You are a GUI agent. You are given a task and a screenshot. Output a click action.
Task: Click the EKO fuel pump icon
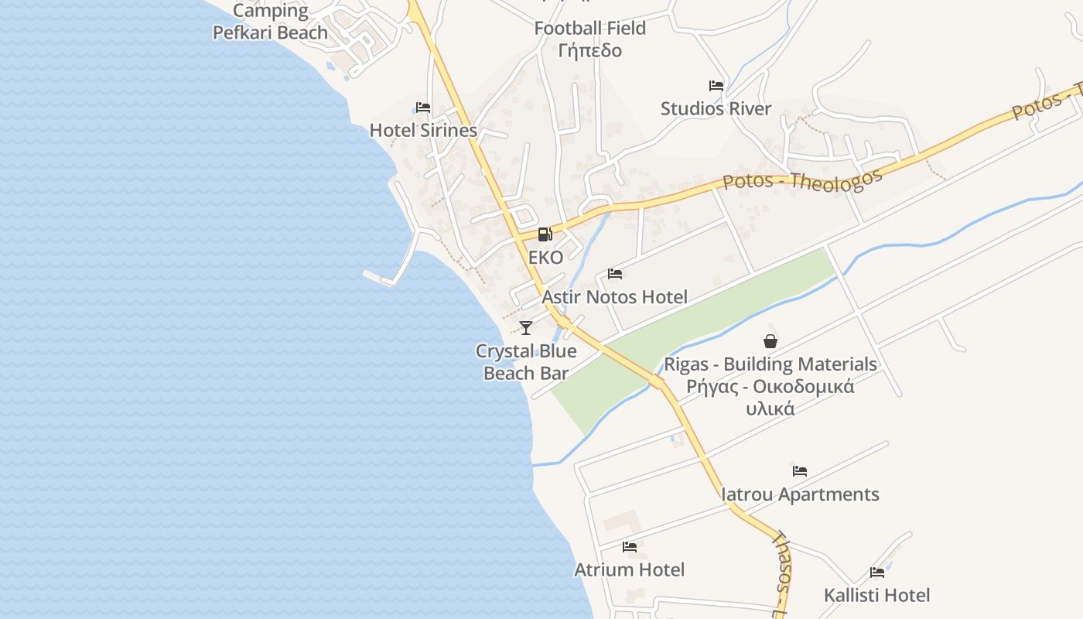545,234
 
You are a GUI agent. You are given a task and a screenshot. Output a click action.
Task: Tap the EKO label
545,258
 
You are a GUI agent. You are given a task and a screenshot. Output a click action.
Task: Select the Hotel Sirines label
423,130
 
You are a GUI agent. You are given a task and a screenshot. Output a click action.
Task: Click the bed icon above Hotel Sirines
423,108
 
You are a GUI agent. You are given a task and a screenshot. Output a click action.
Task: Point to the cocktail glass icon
526,328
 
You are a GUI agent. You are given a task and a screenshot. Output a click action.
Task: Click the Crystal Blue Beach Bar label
526,362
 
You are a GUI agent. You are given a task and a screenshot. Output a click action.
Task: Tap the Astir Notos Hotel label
614,297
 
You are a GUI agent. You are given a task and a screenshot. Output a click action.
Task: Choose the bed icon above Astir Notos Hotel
615,274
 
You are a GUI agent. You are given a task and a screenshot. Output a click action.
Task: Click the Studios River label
716,108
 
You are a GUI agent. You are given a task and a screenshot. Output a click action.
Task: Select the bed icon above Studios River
716,86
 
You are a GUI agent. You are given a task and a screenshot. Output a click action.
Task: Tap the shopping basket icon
770,341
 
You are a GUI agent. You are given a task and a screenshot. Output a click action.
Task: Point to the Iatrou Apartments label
800,494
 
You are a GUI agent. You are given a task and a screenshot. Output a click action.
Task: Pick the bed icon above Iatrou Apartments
800,471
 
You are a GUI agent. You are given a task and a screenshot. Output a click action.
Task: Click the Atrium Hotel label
629,570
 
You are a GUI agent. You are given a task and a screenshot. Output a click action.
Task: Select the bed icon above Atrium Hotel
630,547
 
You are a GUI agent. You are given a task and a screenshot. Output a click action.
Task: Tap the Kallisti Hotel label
876,595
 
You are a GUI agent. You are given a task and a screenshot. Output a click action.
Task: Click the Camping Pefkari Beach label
270,22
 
